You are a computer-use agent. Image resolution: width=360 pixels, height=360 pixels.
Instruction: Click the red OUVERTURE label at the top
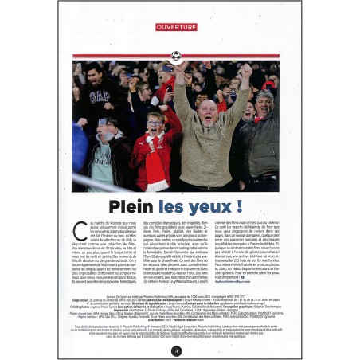pos(176,27)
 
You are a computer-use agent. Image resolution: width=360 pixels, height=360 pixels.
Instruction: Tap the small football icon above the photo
pos(176,56)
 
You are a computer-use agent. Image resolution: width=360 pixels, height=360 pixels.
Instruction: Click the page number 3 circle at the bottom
pos(176,350)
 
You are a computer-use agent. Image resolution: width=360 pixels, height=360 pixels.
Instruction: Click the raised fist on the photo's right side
pos(246,72)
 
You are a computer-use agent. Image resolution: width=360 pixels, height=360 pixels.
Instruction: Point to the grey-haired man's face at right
pos(264,104)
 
